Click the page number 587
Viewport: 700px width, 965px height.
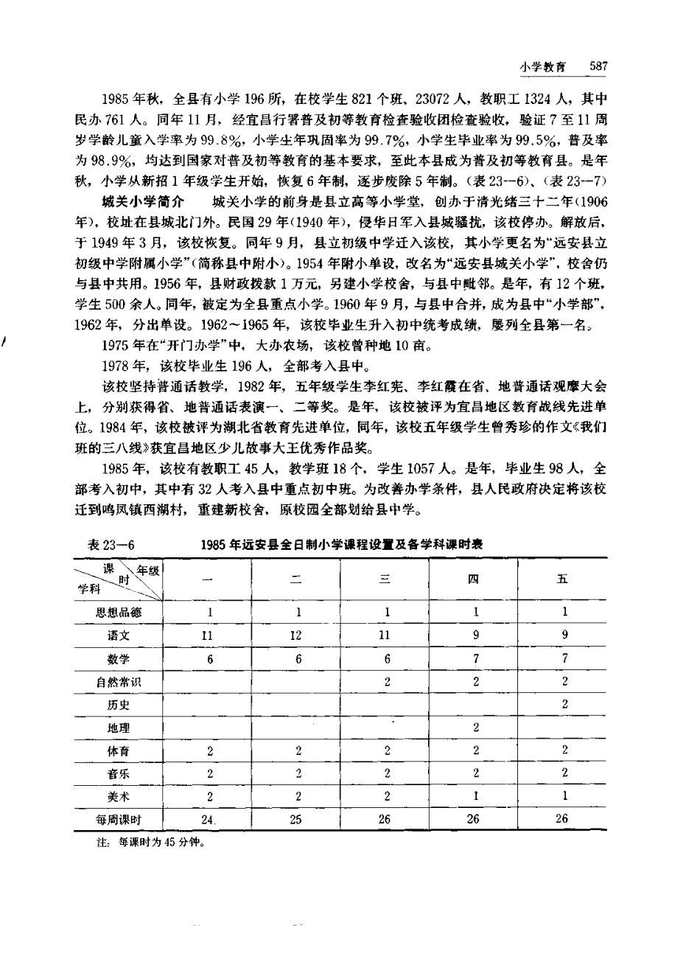597,66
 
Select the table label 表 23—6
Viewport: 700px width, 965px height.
108,544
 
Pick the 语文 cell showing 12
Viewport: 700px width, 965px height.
298,634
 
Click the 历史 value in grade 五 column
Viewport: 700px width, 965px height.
564,704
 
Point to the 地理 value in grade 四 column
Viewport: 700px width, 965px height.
476,728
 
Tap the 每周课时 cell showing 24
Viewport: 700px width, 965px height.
209,819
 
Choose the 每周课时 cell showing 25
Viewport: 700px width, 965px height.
298,819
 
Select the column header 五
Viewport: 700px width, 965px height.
564,579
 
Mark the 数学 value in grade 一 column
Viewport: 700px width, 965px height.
210,658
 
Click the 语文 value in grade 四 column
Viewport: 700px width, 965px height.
476,634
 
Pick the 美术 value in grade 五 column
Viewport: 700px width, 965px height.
564,796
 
